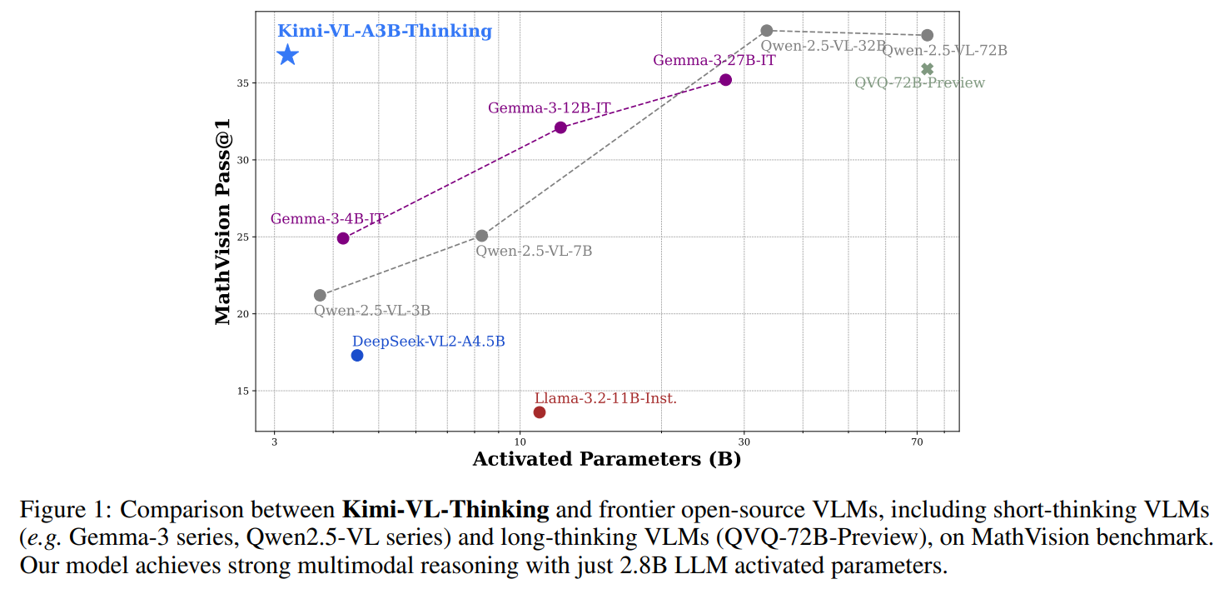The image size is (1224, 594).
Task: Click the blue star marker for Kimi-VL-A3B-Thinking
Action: pyautogui.click(x=288, y=55)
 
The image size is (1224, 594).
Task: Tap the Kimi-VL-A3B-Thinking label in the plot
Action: pyautogui.click(x=384, y=31)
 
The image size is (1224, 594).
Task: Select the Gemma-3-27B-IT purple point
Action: pyautogui.click(x=725, y=80)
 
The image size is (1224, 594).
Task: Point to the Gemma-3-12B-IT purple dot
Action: pyautogui.click(x=560, y=127)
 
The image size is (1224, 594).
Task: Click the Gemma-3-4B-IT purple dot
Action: pyautogui.click(x=343, y=238)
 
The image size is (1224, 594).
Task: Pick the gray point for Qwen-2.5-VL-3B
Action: pyautogui.click(x=320, y=295)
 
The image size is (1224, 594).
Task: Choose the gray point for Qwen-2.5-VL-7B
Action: pyautogui.click(x=481, y=236)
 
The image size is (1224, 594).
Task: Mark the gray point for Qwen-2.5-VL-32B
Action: pyautogui.click(x=767, y=31)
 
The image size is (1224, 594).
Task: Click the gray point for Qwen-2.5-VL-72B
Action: pyautogui.click(x=928, y=35)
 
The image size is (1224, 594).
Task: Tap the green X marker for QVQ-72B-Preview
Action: pyautogui.click(x=928, y=69)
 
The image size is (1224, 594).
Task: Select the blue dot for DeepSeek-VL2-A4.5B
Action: pyautogui.click(x=357, y=356)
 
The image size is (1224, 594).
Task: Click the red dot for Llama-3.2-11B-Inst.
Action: pyautogui.click(x=540, y=412)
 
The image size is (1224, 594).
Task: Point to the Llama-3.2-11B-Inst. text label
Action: pyautogui.click(x=605, y=398)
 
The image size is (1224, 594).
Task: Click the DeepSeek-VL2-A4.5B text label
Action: pyautogui.click(x=428, y=342)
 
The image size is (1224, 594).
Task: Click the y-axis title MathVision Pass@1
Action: pyautogui.click(x=222, y=221)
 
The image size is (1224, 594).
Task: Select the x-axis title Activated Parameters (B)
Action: pyautogui.click(x=606, y=459)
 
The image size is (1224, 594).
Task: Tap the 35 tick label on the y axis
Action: pyautogui.click(x=241, y=83)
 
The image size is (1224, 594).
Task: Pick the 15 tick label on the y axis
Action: pyautogui.click(x=241, y=392)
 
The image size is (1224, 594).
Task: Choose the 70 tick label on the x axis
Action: pyautogui.click(x=917, y=441)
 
